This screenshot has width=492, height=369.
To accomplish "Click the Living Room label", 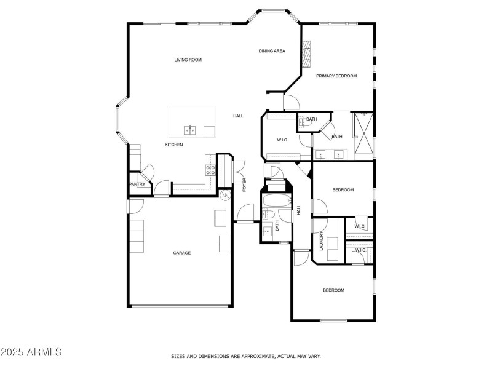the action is pyautogui.click(x=188, y=60).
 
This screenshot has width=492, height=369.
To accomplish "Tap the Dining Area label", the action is pyautogui.click(x=272, y=51).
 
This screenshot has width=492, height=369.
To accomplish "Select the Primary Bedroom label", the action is pyautogui.click(x=336, y=76).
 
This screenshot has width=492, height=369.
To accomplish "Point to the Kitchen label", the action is pyautogui.click(x=174, y=145).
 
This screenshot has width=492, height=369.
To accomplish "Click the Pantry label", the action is pyautogui.click(x=137, y=184).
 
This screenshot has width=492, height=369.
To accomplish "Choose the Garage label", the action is pyautogui.click(x=182, y=253).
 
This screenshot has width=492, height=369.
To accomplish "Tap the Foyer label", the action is pyautogui.click(x=244, y=185).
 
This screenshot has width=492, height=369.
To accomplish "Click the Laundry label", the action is pyautogui.click(x=321, y=241).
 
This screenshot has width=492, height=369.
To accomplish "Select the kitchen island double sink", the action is pyautogui.click(x=190, y=130).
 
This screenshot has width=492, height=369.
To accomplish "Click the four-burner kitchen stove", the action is pyautogui.click(x=210, y=170).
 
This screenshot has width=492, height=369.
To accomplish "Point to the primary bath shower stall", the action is pyautogui.click(x=363, y=136).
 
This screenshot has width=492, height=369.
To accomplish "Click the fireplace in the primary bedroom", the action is pyautogui.click(x=306, y=54).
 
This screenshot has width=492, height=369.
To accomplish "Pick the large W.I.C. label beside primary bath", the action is pyautogui.click(x=282, y=140).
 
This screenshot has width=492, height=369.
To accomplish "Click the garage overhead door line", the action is pyautogui.click(x=181, y=306).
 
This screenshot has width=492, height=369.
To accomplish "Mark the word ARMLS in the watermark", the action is pyautogui.click(x=44, y=352).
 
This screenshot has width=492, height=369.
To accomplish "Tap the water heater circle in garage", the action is pyautogui.click(x=225, y=196).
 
